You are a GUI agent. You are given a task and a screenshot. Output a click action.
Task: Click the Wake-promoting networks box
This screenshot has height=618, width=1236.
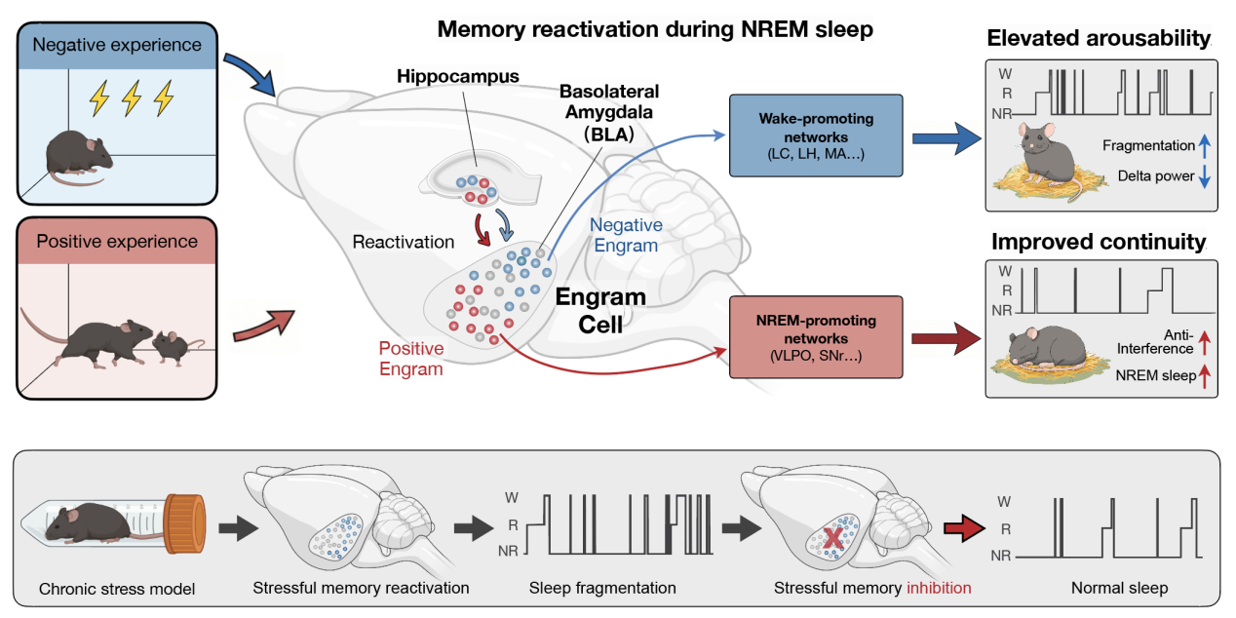coord(816,135)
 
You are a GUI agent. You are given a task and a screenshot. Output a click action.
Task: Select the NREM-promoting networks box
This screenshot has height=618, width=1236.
coord(816,337)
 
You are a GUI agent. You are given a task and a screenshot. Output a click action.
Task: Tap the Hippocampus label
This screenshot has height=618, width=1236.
coord(458,76)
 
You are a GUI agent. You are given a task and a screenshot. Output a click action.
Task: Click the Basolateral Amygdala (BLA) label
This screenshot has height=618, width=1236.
coord(609,112)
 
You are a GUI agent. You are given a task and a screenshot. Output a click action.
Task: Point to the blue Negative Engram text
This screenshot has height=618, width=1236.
coord(626,235)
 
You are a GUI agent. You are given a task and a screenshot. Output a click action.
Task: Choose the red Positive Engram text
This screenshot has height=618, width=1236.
coord(411,359)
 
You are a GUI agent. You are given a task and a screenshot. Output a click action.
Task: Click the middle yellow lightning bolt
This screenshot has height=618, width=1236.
coord(132,97)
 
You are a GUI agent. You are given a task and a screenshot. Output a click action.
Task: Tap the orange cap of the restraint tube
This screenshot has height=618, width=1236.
coord(185,523)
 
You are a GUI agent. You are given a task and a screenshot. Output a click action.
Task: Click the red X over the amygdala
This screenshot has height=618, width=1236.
coord(833,537)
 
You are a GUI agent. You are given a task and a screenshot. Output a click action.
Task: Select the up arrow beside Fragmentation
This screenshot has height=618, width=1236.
coord(1205,145)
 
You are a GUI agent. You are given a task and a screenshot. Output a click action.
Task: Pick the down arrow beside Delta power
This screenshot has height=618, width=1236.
coord(1205,176)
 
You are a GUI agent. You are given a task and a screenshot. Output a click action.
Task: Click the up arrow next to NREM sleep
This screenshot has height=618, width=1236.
coord(1205,376)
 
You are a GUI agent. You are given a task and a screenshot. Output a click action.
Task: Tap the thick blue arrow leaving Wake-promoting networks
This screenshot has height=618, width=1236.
coord(946,138)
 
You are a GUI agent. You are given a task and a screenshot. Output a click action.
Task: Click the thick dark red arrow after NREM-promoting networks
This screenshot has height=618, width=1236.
coord(946,339)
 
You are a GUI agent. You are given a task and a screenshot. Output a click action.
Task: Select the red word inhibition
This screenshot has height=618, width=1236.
coord(939,588)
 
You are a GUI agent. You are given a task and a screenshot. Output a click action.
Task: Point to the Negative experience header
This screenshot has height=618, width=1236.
coord(117,45)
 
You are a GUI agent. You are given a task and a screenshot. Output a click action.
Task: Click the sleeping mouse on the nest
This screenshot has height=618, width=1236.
coord(1047,348)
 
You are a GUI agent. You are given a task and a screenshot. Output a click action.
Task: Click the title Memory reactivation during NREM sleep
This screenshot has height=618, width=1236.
coord(655,29)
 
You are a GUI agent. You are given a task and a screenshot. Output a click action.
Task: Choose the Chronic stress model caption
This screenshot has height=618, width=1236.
coord(117,589)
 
